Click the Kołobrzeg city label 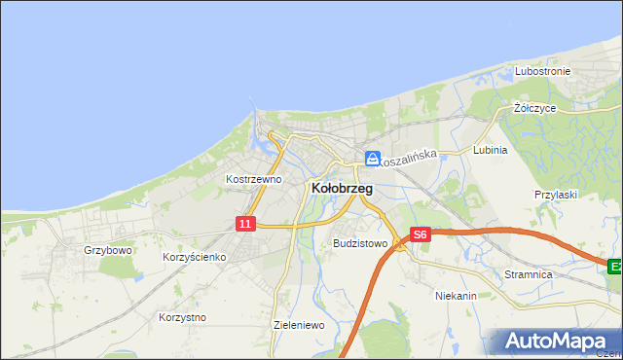click(341, 189)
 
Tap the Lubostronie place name click(542, 72)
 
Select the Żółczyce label click(534, 108)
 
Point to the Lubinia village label click(490, 151)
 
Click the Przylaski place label click(556, 195)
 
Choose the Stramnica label click(529, 275)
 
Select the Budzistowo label click(360, 243)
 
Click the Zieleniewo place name click(299, 325)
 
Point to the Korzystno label click(182, 317)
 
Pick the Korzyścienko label click(195, 257)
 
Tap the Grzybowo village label click(107, 250)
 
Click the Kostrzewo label click(253, 179)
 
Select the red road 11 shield click(245, 224)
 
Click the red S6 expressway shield click(420, 234)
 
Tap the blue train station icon click(373, 158)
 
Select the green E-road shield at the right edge click(614, 266)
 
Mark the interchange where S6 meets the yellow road click(400, 245)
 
